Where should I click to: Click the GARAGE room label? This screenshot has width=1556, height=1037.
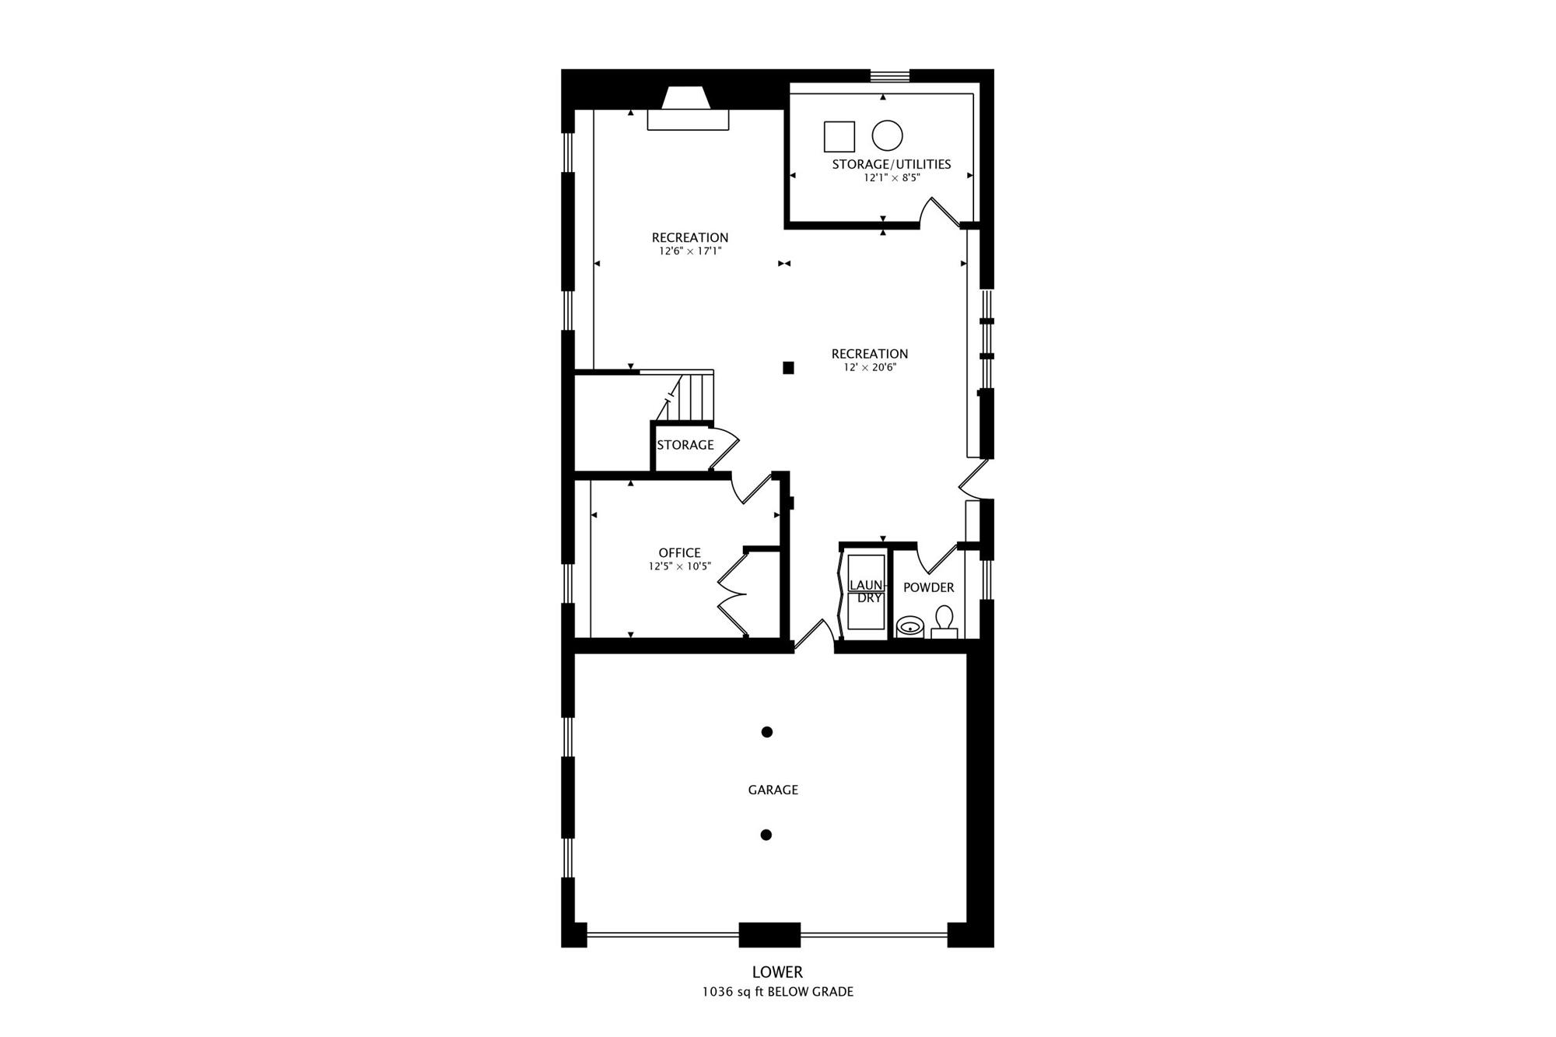(773, 790)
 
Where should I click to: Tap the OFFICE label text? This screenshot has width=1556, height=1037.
(679, 553)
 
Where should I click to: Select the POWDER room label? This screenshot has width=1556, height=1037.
(928, 587)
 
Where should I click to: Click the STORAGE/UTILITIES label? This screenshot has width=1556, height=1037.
(892, 164)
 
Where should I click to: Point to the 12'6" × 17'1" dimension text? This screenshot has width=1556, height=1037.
(690, 251)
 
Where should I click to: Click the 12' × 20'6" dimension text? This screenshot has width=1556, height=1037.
(870, 367)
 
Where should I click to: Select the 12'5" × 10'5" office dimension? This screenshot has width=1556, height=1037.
(680, 566)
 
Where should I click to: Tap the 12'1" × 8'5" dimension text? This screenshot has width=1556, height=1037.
(892, 177)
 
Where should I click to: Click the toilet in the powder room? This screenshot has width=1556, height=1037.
(944, 623)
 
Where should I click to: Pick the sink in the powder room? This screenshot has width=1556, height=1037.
(909, 626)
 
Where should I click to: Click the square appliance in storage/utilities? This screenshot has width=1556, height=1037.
(839, 136)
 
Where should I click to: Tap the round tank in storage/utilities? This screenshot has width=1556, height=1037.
(887, 135)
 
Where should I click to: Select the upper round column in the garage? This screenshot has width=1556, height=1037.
(767, 732)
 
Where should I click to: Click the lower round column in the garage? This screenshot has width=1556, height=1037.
(766, 835)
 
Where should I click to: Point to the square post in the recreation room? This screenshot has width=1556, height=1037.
(788, 368)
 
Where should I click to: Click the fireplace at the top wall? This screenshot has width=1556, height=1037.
(688, 109)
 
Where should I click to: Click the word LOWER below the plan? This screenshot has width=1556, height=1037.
(777, 972)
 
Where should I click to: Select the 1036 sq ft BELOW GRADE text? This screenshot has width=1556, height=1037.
(777, 992)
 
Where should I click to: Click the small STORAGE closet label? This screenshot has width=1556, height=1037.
(685, 445)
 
